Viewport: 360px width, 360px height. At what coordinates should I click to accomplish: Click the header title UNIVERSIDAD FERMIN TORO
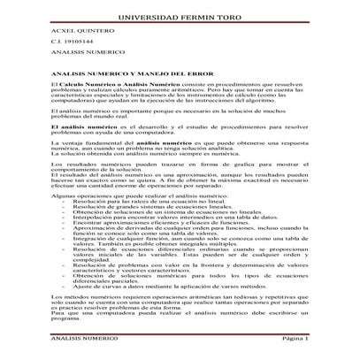[x=179, y=17]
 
